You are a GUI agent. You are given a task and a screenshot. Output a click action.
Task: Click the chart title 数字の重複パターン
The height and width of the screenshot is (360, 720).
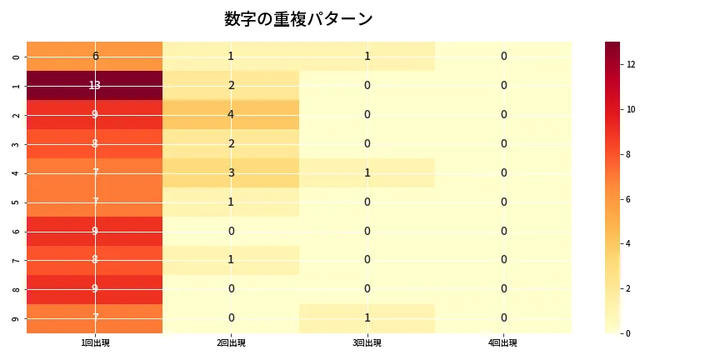pyautogui.click(x=298, y=19)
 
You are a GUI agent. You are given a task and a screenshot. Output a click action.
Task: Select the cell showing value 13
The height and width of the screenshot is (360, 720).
pyautogui.click(x=95, y=86)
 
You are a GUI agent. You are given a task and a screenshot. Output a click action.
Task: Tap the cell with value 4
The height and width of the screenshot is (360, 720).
pyautogui.click(x=231, y=115)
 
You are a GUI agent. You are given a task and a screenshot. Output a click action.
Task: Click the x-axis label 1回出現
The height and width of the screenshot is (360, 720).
pyautogui.click(x=95, y=342)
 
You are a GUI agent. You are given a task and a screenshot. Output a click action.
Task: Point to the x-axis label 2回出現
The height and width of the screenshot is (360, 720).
pyautogui.click(x=231, y=342)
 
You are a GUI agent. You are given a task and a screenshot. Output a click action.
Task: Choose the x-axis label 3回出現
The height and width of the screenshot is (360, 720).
pyautogui.click(x=367, y=342)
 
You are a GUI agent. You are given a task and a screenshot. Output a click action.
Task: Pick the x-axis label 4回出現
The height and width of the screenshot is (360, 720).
pyautogui.click(x=503, y=342)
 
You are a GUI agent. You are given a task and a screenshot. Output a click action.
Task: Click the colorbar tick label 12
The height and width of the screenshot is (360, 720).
pyautogui.click(x=632, y=64)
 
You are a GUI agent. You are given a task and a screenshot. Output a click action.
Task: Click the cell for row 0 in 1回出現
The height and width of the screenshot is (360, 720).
pyautogui.click(x=95, y=57)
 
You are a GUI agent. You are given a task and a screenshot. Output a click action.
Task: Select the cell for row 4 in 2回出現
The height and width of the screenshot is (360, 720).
pyautogui.click(x=231, y=173)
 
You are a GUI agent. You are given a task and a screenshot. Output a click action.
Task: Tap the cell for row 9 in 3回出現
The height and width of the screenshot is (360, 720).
pyautogui.click(x=367, y=318)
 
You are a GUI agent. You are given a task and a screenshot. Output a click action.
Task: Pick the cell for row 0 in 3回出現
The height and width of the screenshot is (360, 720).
pyautogui.click(x=367, y=57)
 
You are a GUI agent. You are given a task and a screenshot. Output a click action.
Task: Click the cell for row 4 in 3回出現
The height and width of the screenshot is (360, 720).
pyautogui.click(x=367, y=173)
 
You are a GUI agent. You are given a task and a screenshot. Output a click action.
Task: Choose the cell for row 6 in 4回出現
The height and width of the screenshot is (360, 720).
pyautogui.click(x=503, y=232)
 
